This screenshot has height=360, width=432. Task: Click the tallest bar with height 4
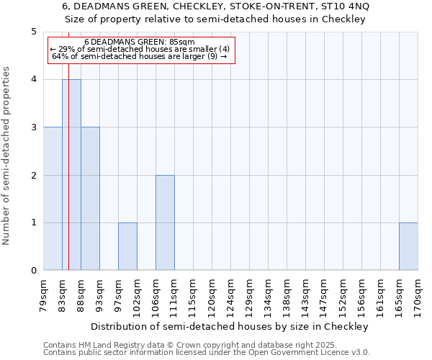[71, 175]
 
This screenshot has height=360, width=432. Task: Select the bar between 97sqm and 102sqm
[127, 246]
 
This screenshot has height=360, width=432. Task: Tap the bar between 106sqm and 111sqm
[165, 222]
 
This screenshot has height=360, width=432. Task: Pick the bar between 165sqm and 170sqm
[408, 246]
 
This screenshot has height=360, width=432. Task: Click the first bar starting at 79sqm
[53, 199]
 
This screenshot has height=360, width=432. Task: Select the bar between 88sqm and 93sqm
[90, 199]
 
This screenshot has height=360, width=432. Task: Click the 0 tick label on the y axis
[33, 271]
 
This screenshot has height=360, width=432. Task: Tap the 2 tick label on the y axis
[33, 175]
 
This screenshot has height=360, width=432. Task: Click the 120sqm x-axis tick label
[212, 294]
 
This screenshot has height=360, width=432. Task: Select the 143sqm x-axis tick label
[305, 294]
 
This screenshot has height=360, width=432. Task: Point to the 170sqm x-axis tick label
[418, 294]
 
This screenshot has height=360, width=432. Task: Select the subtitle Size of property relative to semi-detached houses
[221, 19]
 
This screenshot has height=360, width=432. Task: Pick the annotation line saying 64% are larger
[139, 56]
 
